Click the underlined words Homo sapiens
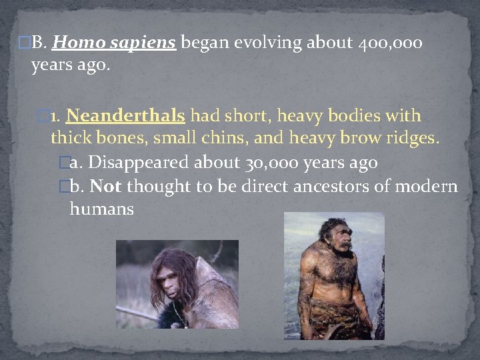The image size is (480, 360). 113,44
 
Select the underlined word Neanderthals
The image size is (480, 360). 125,116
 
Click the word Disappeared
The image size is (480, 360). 138,163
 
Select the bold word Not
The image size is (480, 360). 106,186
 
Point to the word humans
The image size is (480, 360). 101,209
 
